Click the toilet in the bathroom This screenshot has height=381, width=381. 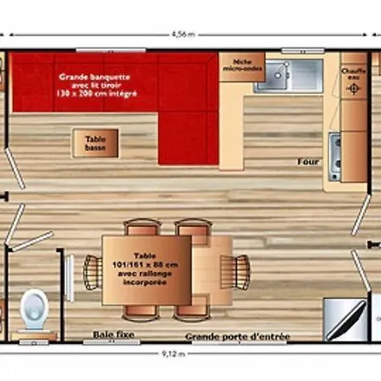(35, 308)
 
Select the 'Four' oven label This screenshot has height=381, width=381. (307, 162)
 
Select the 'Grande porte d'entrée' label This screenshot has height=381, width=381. (237, 337)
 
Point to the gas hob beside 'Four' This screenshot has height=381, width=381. (335, 151)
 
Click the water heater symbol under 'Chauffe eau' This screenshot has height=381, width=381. (353, 89)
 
